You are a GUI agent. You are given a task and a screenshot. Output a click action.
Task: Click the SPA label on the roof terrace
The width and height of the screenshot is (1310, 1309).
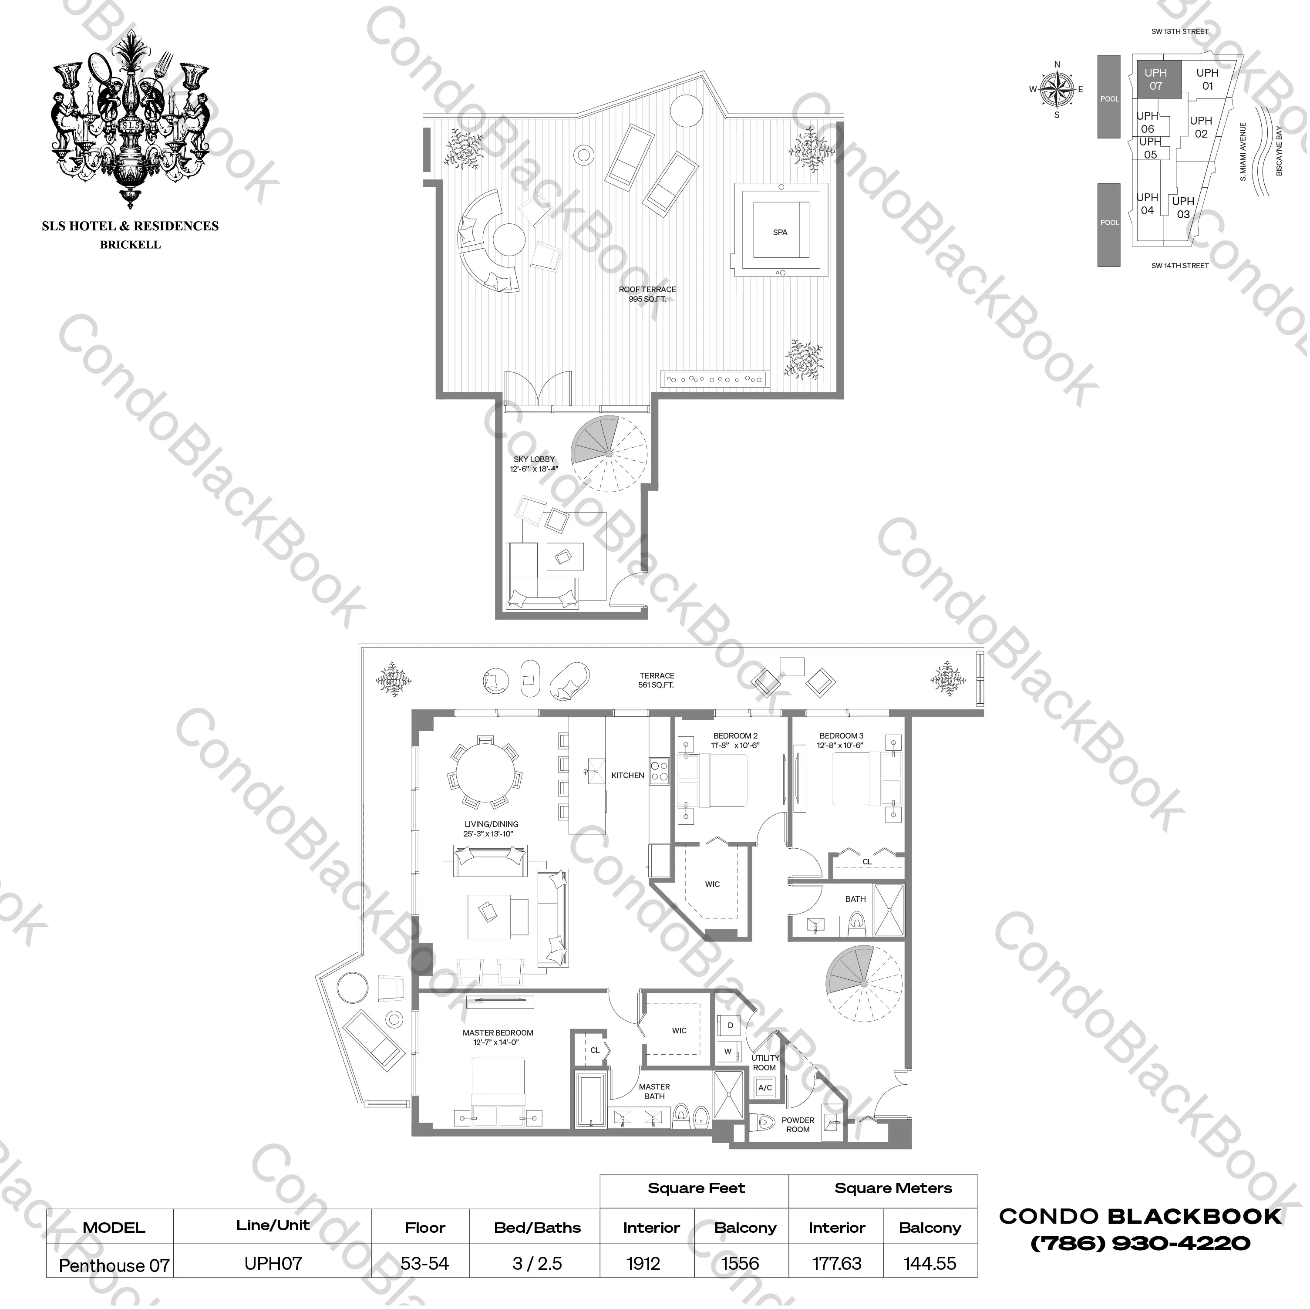[x=781, y=233]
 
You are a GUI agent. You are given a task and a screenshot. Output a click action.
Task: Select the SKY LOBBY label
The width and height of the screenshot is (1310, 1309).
[x=534, y=464]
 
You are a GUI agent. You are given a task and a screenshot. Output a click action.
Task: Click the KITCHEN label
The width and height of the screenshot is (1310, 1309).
[x=628, y=775]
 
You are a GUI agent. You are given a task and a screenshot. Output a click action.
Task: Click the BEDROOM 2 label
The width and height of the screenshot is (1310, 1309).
[x=736, y=740]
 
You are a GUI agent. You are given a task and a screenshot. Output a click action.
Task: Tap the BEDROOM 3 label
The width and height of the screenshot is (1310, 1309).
[x=842, y=740]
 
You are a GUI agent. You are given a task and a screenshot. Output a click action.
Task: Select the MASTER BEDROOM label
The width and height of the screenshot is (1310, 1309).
[x=498, y=1037]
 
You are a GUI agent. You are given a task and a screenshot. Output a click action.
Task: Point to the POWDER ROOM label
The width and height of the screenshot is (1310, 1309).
[x=798, y=1124]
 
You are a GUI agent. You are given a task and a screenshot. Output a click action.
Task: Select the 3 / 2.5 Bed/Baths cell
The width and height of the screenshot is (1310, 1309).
[x=537, y=1264]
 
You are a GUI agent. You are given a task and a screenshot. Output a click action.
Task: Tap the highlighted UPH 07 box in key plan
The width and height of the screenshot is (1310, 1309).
[x=1155, y=79]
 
